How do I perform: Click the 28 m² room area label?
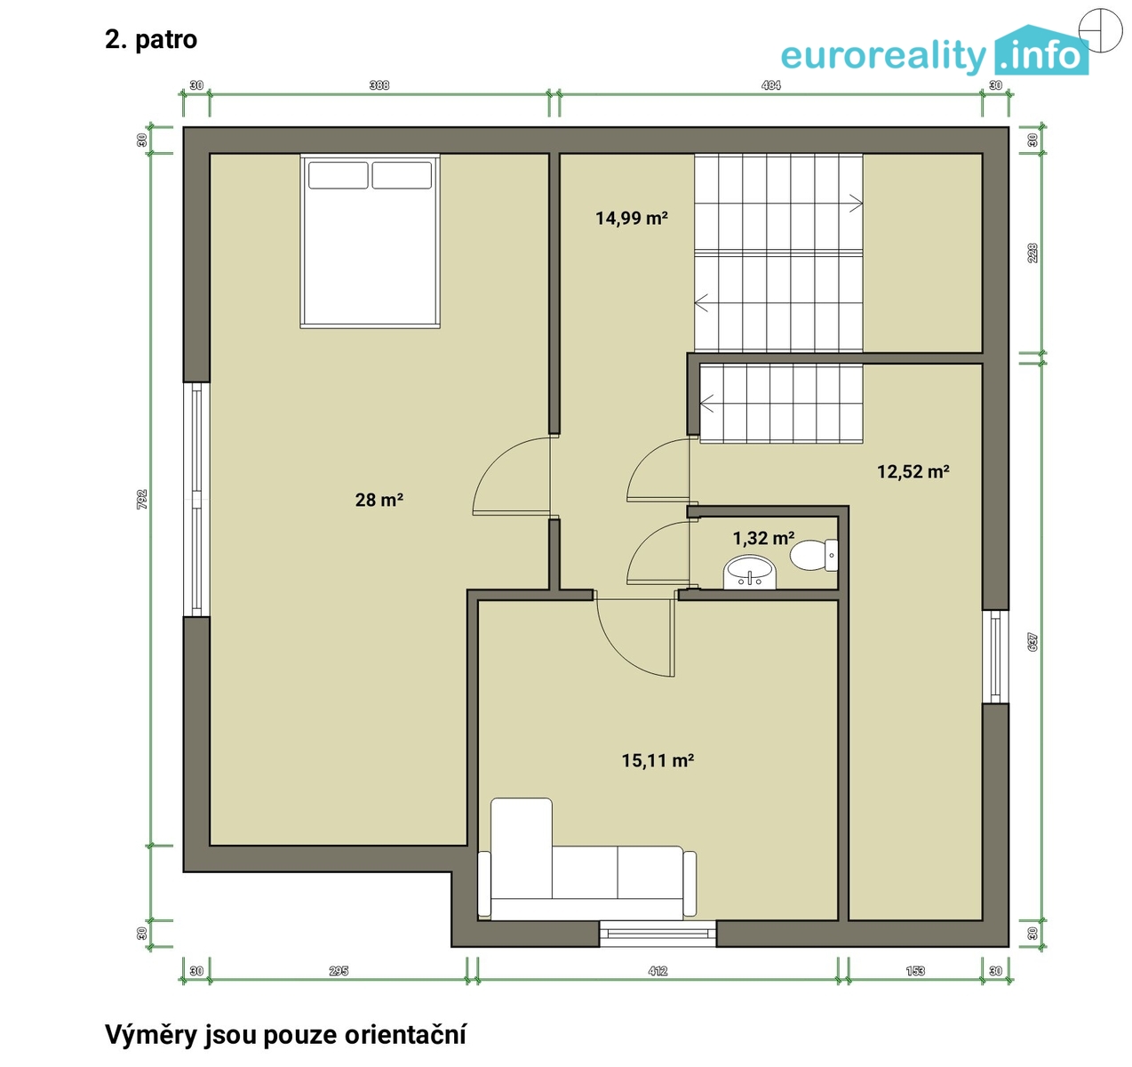click(379, 500)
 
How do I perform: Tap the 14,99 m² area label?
click(632, 218)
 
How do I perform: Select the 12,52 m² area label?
click(913, 471)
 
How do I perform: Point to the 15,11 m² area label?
click(658, 760)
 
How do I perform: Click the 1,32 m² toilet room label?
click(763, 537)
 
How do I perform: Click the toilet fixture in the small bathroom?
click(813, 555)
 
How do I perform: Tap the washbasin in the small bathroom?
click(750, 573)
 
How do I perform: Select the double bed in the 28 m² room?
click(370, 241)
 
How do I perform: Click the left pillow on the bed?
click(338, 175)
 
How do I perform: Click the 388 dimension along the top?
click(379, 85)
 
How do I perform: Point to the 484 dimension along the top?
click(770, 85)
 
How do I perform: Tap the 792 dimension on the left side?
click(142, 499)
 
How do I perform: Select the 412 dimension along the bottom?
click(658, 971)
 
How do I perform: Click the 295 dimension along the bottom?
click(339, 971)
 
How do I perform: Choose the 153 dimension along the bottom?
click(915, 971)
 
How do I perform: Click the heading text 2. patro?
click(151, 40)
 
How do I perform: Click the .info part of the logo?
click(1041, 56)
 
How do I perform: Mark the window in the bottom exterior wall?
click(658, 934)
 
